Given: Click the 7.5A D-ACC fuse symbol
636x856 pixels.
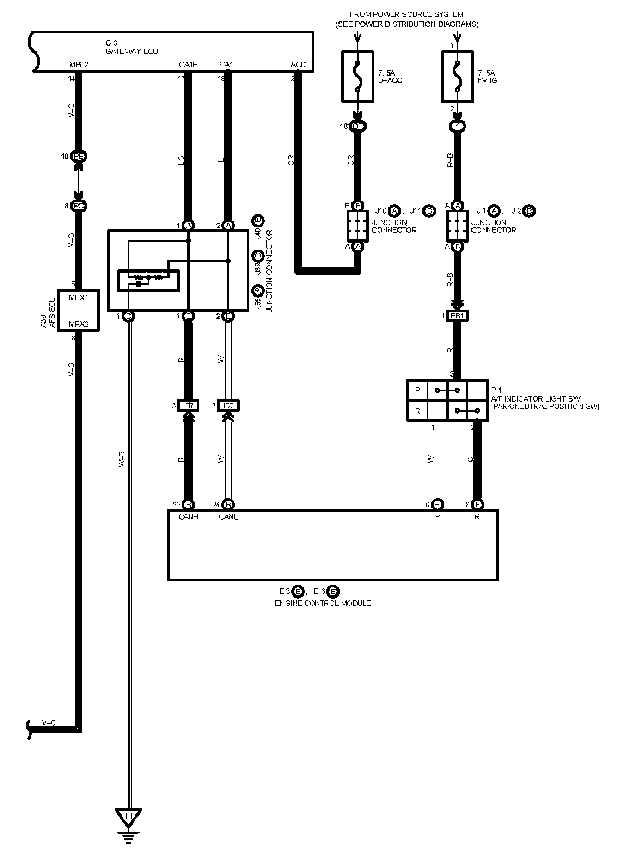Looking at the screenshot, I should click(x=357, y=76).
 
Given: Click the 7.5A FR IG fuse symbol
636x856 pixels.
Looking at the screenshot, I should click(x=457, y=76).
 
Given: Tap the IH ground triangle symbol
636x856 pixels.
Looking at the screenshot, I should click(x=128, y=818).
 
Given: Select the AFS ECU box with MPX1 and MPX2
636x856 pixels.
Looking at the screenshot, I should click(x=79, y=310).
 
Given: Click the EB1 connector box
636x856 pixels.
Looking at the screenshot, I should click(x=457, y=316).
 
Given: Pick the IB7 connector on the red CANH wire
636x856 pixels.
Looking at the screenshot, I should click(x=188, y=406).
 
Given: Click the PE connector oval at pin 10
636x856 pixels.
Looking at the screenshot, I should click(x=79, y=157).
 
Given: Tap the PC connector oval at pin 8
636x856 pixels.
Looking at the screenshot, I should click(x=79, y=206).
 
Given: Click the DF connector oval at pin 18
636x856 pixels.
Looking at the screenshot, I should click(x=358, y=126).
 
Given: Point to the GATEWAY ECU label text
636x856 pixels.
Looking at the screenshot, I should click(x=132, y=51).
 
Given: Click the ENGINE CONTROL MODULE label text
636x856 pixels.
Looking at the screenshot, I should click(x=323, y=603).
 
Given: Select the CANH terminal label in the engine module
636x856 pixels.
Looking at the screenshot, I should click(x=188, y=517).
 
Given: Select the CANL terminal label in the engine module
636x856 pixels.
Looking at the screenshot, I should click(x=228, y=517).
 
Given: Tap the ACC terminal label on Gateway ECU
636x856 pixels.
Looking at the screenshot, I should click(x=298, y=65).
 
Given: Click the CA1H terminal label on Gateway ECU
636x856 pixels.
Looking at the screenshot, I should click(x=188, y=65).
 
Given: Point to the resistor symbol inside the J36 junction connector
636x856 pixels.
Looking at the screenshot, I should click(x=148, y=278).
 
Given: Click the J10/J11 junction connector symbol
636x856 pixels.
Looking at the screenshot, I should click(x=358, y=226).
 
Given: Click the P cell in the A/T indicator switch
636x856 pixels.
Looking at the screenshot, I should click(x=417, y=391).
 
